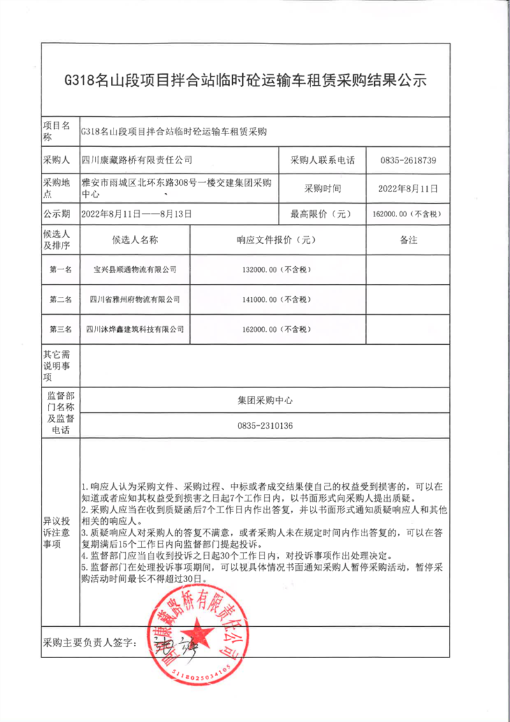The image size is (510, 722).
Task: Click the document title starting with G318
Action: coord(245,81)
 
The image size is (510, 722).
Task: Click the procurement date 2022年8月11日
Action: coord(408,188)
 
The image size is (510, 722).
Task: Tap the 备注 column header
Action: coord(408,240)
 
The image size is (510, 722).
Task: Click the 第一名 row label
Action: coord(61,269)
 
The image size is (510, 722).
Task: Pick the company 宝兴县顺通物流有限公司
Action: coord(135,270)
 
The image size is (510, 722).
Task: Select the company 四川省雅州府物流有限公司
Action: coord(135,299)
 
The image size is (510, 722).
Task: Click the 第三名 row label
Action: coord(61,329)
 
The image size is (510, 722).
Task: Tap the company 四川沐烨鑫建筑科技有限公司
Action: coord(135,329)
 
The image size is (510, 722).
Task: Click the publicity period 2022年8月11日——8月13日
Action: coord(137,214)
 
